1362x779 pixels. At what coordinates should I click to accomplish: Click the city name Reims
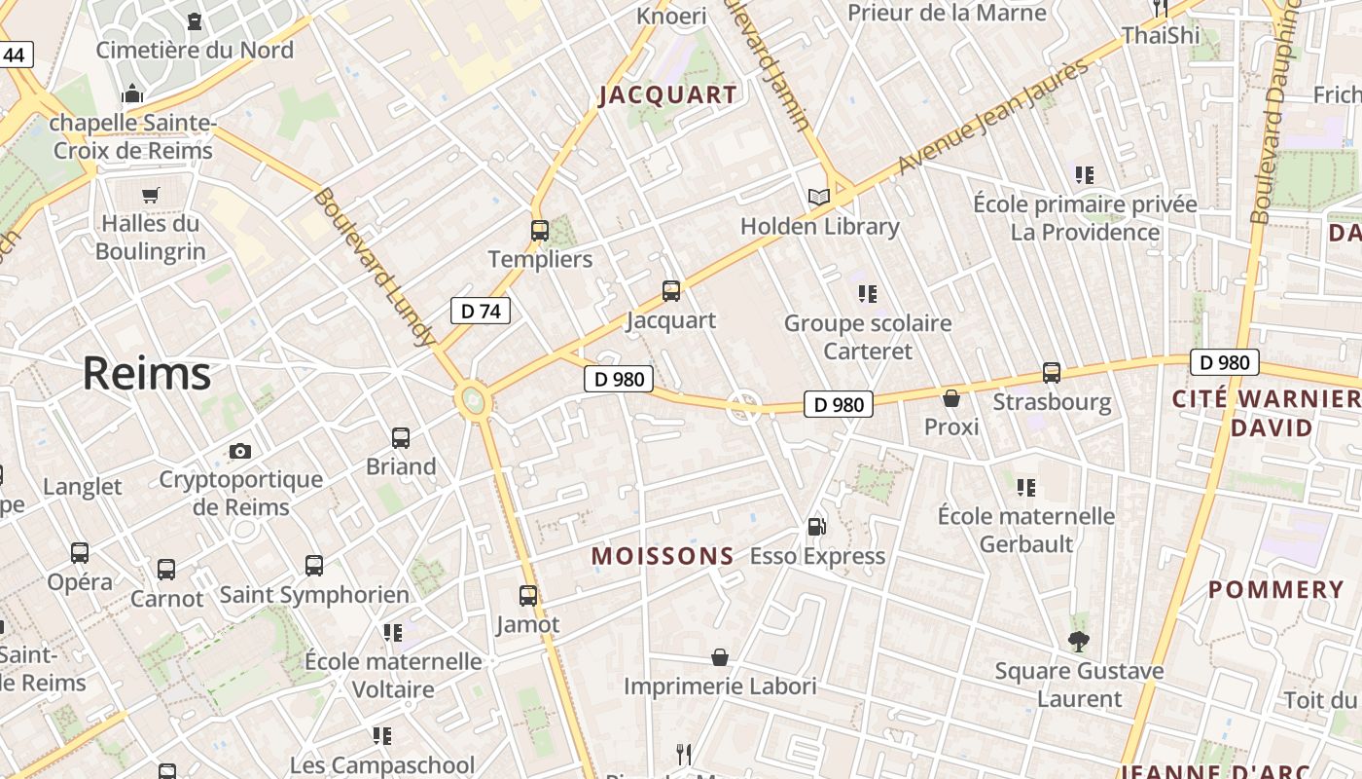click(146, 374)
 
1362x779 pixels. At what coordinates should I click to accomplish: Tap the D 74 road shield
click(481, 312)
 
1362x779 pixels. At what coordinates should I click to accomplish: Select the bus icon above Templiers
click(540, 231)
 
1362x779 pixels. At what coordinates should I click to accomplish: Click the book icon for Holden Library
click(819, 198)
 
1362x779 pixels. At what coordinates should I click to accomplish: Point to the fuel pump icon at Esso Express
click(817, 527)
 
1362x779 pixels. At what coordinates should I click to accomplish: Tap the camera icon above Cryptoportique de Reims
click(240, 451)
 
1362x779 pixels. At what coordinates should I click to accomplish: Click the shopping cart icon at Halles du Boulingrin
click(150, 195)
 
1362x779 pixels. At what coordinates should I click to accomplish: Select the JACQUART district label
click(667, 95)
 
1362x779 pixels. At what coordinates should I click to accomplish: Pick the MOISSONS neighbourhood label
click(663, 556)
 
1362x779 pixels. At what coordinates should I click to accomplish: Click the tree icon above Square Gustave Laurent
click(1078, 641)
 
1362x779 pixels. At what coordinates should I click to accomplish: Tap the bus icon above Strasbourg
click(1052, 373)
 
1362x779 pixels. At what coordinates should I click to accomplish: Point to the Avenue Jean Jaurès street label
click(991, 118)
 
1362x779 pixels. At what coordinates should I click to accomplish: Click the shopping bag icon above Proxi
click(951, 398)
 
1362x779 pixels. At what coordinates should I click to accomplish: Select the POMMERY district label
click(1275, 590)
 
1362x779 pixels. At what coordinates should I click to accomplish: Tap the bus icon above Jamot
click(528, 595)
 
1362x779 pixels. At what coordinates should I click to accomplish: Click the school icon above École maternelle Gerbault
click(1026, 487)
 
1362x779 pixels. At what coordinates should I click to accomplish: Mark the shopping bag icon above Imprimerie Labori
click(720, 657)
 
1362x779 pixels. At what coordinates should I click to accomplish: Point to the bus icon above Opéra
click(80, 553)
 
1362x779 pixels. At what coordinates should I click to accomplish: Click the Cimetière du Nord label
click(195, 50)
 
